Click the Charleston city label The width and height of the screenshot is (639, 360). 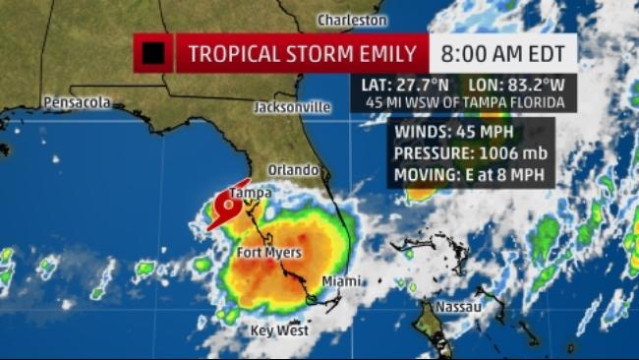pos(351,20)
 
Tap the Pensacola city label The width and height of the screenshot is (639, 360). pos(77,102)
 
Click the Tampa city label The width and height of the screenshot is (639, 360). pos(250,193)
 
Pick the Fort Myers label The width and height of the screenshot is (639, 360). pos(268,253)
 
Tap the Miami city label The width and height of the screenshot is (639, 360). pos(340,281)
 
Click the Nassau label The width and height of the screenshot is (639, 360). pos(459,307)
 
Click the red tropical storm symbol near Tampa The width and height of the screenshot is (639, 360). pos(225,210)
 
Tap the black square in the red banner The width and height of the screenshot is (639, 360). pos(153,53)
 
